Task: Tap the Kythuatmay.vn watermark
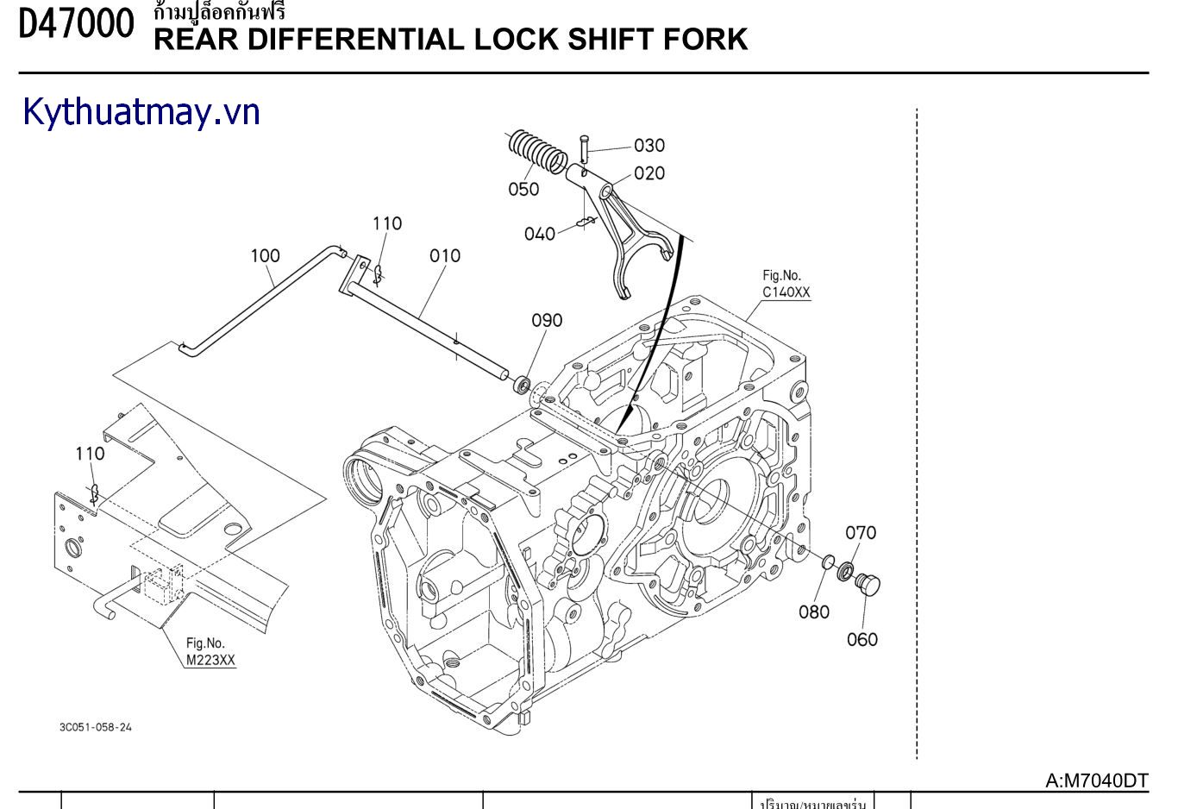141,112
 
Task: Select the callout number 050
523,189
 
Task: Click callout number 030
649,145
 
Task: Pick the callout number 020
649,173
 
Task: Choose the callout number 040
540,234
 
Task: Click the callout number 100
266,255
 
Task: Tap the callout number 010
445,255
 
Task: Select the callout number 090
547,320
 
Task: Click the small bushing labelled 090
523,384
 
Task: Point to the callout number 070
860,532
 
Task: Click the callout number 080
813,611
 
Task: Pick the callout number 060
862,639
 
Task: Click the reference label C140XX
786,292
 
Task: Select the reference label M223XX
210,661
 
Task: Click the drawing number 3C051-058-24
96,727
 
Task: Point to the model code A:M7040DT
1097,781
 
